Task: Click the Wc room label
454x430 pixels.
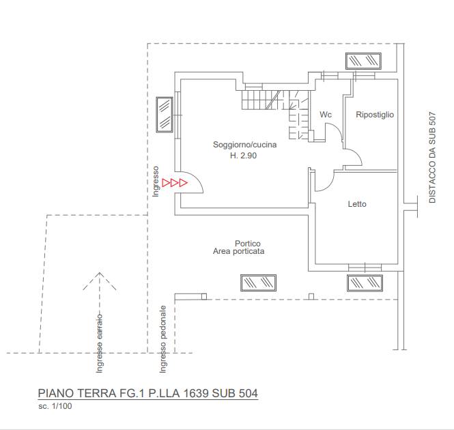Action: [x=326, y=115]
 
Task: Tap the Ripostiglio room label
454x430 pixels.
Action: [x=375, y=115]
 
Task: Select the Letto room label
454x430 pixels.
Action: [x=357, y=204]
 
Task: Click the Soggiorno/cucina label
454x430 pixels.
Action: [x=244, y=145]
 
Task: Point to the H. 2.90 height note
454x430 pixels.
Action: [x=243, y=156]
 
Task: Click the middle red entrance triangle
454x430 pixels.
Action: [x=175, y=183]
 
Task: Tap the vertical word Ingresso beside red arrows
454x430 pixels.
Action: [x=156, y=182]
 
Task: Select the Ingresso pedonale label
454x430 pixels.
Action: [x=163, y=339]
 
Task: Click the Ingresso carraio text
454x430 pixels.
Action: [x=100, y=343]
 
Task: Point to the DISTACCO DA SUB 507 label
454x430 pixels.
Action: [x=432, y=157]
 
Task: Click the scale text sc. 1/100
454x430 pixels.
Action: [x=55, y=406]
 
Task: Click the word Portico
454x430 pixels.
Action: [x=248, y=243]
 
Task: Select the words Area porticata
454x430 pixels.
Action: [x=238, y=251]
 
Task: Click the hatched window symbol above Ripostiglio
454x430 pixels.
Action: [x=363, y=61]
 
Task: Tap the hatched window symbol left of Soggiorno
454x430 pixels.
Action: [x=165, y=115]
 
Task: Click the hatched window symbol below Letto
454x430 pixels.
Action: [x=365, y=283]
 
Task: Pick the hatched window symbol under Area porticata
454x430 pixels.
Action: [x=258, y=283]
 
